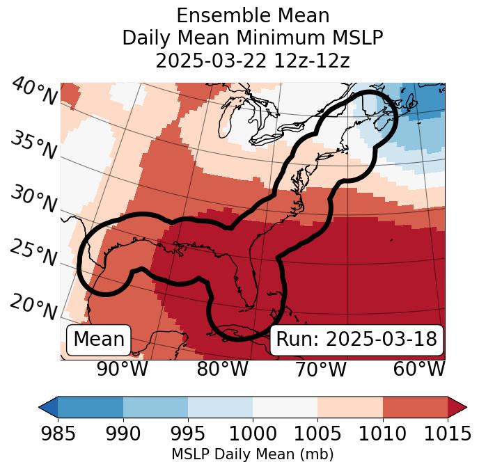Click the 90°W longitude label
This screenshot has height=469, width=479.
(x=123, y=369)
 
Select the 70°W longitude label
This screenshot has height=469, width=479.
(x=320, y=369)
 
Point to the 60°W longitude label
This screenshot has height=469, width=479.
(x=419, y=369)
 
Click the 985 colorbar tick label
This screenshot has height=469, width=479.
(x=58, y=434)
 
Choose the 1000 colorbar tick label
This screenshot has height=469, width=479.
(x=253, y=434)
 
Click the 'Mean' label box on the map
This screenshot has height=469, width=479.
(x=99, y=340)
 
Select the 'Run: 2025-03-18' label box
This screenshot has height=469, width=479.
(x=356, y=340)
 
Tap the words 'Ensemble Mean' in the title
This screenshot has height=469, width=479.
(x=253, y=15)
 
